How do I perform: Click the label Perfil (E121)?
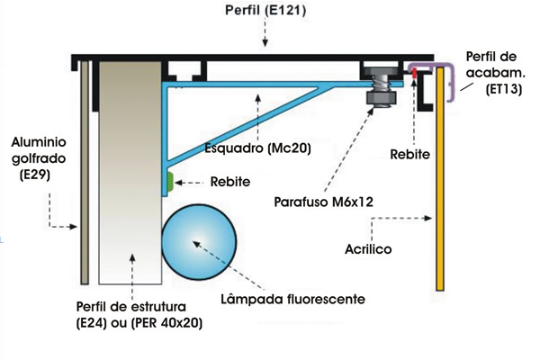[266, 11]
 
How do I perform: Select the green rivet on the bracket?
[167, 182]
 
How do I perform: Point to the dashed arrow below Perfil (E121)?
[264, 35]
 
